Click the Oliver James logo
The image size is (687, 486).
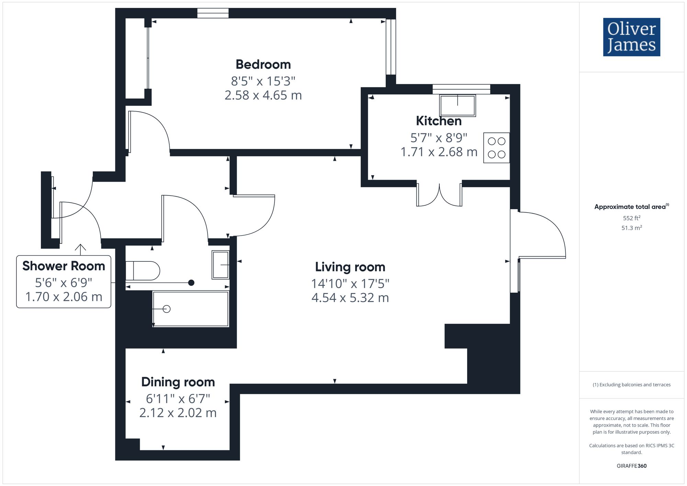[x=631, y=37]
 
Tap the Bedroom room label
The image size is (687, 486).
[x=263, y=65]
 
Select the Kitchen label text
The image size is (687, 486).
[x=439, y=121]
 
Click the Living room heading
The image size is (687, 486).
[x=350, y=267]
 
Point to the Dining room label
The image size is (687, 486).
[x=178, y=382]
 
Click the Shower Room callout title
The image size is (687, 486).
[x=64, y=266]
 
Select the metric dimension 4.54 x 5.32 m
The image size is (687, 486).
[x=350, y=297]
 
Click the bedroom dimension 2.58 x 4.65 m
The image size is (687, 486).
[x=263, y=95]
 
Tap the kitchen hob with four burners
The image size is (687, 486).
[x=496, y=148]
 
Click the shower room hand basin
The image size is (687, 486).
[x=221, y=265]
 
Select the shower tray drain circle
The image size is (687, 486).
[x=167, y=309]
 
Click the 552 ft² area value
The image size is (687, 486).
[x=631, y=218]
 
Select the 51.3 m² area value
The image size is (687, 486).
[x=631, y=228]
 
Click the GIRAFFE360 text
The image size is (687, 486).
[x=631, y=466]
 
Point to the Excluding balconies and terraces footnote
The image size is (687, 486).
[x=631, y=385]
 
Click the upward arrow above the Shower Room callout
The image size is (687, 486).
[x=80, y=249]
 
